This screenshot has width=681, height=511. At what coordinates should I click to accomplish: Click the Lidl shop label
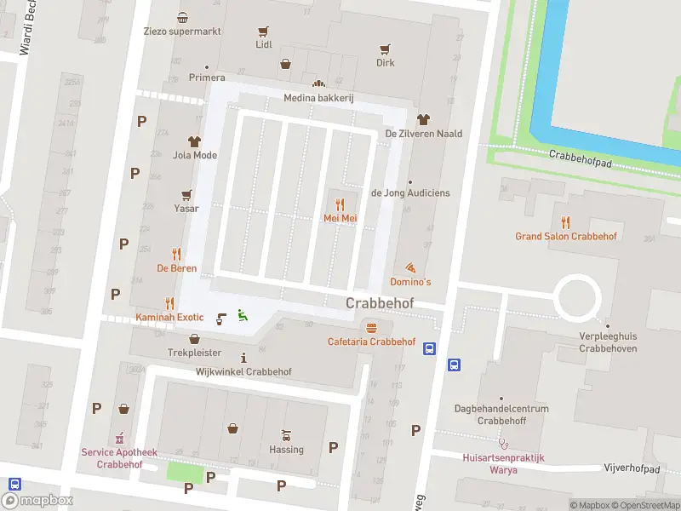coord(264,44)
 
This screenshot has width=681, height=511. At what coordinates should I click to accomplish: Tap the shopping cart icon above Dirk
coord(386,49)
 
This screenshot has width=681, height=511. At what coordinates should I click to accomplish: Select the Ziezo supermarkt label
coord(183,32)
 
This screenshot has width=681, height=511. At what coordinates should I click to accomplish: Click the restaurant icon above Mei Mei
coord(340,204)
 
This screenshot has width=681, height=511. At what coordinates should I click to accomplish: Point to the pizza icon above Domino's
coord(411,267)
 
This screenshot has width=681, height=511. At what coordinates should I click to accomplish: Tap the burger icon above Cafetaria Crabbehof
coord(371,328)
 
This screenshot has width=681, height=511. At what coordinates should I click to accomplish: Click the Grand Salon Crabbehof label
coord(565,236)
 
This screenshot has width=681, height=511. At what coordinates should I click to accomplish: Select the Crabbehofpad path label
coord(581,154)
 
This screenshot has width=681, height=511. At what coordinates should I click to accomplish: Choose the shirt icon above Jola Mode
coord(194,141)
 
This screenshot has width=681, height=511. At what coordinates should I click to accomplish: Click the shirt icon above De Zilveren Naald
coord(423,119)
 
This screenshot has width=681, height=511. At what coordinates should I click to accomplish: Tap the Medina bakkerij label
coord(318,98)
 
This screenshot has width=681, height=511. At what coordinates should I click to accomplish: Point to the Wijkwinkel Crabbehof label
coord(243,372)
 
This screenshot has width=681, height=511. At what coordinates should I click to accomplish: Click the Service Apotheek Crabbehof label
coord(118,458)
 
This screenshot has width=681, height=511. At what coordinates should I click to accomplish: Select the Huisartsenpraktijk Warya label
coord(503,463)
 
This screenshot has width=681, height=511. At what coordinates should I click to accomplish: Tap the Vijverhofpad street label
coord(631,469)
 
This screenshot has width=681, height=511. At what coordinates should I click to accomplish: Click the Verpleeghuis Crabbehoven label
coord(608,342)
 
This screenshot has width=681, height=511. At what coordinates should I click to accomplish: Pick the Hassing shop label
coord(286,449)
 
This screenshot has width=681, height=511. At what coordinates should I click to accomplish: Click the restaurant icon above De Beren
coord(176,254)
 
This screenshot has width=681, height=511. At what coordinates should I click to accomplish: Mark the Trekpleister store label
coord(194,353)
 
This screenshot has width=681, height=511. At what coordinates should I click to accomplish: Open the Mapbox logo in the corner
coord(37,501)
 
